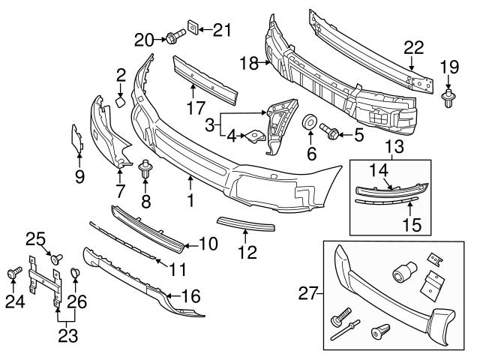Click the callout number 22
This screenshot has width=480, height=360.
tap(414, 48)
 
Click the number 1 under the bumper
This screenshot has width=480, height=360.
tap(190, 200)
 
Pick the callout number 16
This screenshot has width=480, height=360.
tap(191, 296)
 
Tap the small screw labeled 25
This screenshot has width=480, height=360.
tap(57, 258)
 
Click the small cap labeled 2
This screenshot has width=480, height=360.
tap(121, 99)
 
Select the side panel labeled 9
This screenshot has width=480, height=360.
tap(77, 140)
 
